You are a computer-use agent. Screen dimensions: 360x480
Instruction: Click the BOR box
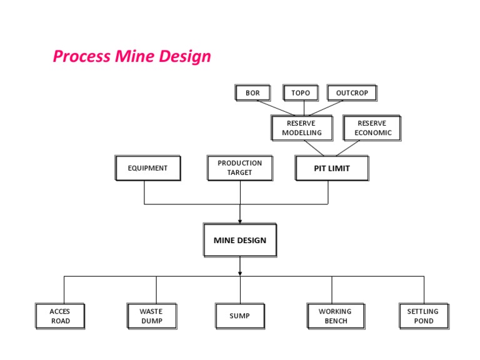pyautogui.click(x=252, y=93)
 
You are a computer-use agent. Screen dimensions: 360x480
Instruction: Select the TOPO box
pyautogui.click(x=300, y=93)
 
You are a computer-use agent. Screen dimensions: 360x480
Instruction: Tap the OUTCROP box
pyautogui.click(x=352, y=93)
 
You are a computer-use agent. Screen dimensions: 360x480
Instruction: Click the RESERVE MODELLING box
pyautogui.click(x=302, y=128)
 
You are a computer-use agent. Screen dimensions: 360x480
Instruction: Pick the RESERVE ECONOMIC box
pyautogui.click(x=372, y=128)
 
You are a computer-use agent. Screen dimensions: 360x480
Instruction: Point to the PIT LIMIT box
pyautogui.click(x=331, y=168)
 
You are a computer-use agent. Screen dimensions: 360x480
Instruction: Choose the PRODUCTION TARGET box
pyautogui.click(x=240, y=167)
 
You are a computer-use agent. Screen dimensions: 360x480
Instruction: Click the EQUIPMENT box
pyautogui.click(x=148, y=168)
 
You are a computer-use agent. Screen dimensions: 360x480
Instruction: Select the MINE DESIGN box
pyautogui.click(x=240, y=240)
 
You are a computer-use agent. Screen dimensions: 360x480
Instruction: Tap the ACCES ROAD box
pyautogui.click(x=61, y=316)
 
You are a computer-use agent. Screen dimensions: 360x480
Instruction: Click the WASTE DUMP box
pyautogui.click(x=151, y=316)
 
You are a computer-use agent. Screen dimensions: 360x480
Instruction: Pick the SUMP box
pyautogui.click(x=239, y=316)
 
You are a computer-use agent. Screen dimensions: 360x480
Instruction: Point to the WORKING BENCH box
pyautogui.click(x=335, y=316)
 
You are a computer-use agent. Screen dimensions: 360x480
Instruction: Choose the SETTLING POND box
pyautogui.click(x=423, y=316)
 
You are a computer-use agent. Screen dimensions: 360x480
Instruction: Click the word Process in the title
pyautogui.click(x=81, y=57)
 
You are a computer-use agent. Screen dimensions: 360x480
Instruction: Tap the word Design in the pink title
pyautogui.click(x=181, y=57)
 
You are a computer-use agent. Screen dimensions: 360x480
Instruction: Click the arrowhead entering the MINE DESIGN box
pyautogui.click(x=240, y=221)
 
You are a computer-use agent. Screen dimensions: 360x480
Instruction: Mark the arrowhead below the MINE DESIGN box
pyautogui.click(x=240, y=272)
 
